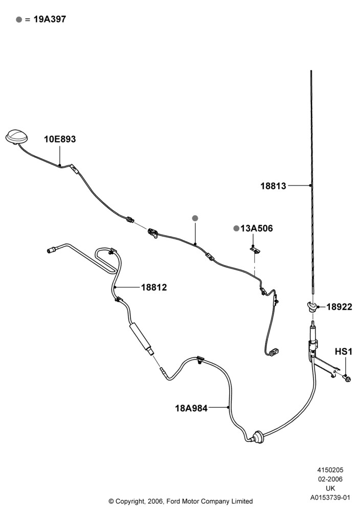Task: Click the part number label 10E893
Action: tap(60, 139)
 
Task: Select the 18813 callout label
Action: tap(273, 186)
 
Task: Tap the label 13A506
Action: tap(257, 228)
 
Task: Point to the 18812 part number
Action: tap(154, 287)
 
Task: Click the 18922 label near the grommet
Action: tap(339, 307)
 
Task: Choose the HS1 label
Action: tap(344, 352)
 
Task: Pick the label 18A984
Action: tap(191, 408)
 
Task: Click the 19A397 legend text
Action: tap(50, 19)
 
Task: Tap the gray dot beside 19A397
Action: tap(19, 19)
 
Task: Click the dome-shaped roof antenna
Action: tap(16, 136)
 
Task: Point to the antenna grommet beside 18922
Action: tap(312, 306)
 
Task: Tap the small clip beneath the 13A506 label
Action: tap(255, 250)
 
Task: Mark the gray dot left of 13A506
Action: tap(236, 228)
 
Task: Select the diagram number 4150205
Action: tap(330, 470)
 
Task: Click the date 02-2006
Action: tap(330, 479)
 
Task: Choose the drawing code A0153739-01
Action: tap(330, 497)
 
